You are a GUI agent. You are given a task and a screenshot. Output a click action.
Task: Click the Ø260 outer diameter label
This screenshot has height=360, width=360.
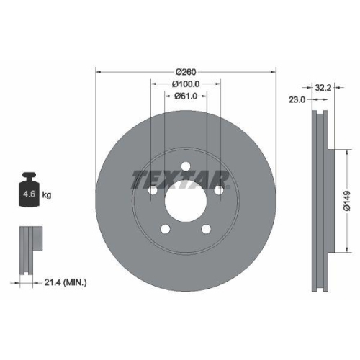pyautogui.click(x=186, y=72)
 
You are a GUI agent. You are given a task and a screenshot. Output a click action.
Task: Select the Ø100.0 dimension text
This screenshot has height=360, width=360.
pyautogui.click(x=186, y=84)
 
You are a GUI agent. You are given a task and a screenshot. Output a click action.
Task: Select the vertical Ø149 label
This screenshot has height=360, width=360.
pyautogui.click(x=346, y=196)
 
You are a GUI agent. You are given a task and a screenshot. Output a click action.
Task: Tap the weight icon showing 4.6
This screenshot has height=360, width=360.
pyautogui.click(x=29, y=190)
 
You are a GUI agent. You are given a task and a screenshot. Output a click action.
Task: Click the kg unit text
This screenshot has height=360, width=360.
pyautogui.click(x=48, y=195)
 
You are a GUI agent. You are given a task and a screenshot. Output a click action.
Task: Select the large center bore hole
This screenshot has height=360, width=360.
pyautogui.click(x=186, y=201)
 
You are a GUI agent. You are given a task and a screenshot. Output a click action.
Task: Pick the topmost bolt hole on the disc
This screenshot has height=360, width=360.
pyautogui.click(x=186, y=166)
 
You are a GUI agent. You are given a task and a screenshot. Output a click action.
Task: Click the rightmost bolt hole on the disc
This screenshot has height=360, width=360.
pyautogui.click(x=219, y=191)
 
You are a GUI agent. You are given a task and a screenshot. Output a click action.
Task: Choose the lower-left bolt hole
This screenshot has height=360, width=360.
pyautogui.click(x=166, y=230)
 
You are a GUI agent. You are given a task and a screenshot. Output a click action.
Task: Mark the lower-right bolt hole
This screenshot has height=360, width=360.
pyautogui.click(x=206, y=230)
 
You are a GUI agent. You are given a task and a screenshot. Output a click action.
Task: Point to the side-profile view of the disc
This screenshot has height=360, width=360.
pyautogui.click(x=320, y=202)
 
